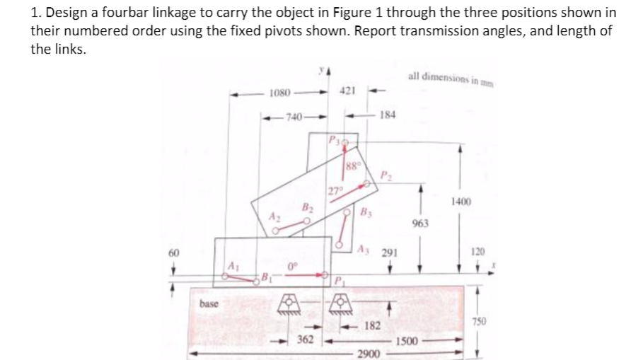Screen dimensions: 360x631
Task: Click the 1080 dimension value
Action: coord(280,93)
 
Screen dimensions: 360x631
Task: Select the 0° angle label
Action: coord(291,266)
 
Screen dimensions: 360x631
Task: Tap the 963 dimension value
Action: coord(421,223)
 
